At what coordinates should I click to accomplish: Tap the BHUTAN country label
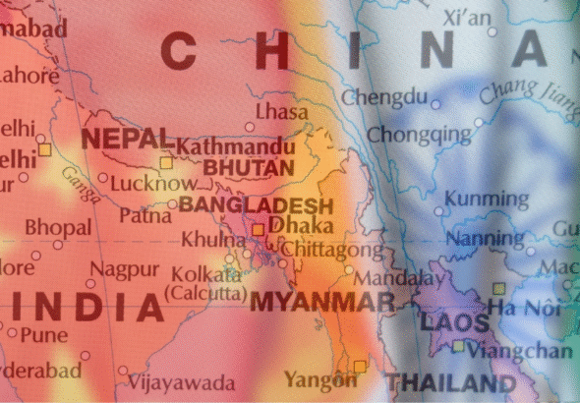coord(249,169)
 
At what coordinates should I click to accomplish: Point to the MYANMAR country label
coord(322,301)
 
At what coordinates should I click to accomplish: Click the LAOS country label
coord(454,322)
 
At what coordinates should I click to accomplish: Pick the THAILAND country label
coord(452,382)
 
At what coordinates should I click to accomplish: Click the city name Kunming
coord(479,199)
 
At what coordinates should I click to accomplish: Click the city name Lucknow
coord(151,183)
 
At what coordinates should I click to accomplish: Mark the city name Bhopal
coord(58,227)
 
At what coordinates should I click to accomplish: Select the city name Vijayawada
coord(182,381)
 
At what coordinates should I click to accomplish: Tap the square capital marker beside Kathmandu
coord(166,162)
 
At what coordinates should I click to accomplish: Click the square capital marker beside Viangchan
coord(458,346)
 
